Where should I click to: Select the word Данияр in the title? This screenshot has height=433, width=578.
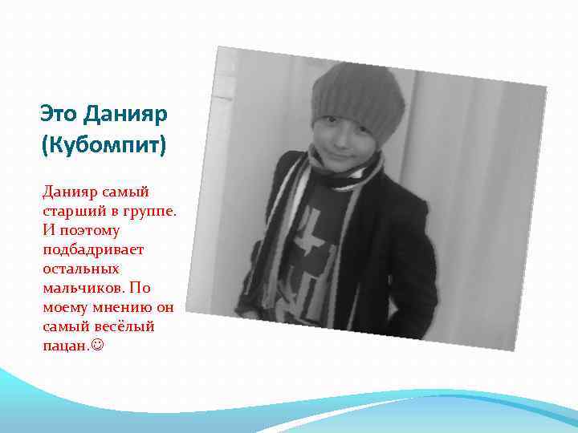(125, 115)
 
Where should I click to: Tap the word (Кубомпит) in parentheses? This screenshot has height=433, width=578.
(102, 148)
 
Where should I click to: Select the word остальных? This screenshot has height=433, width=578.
(81, 269)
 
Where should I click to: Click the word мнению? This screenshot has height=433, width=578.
(122, 307)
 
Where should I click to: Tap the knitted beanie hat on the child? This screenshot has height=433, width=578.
(357, 96)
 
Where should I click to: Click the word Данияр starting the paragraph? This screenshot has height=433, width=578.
(71, 192)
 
